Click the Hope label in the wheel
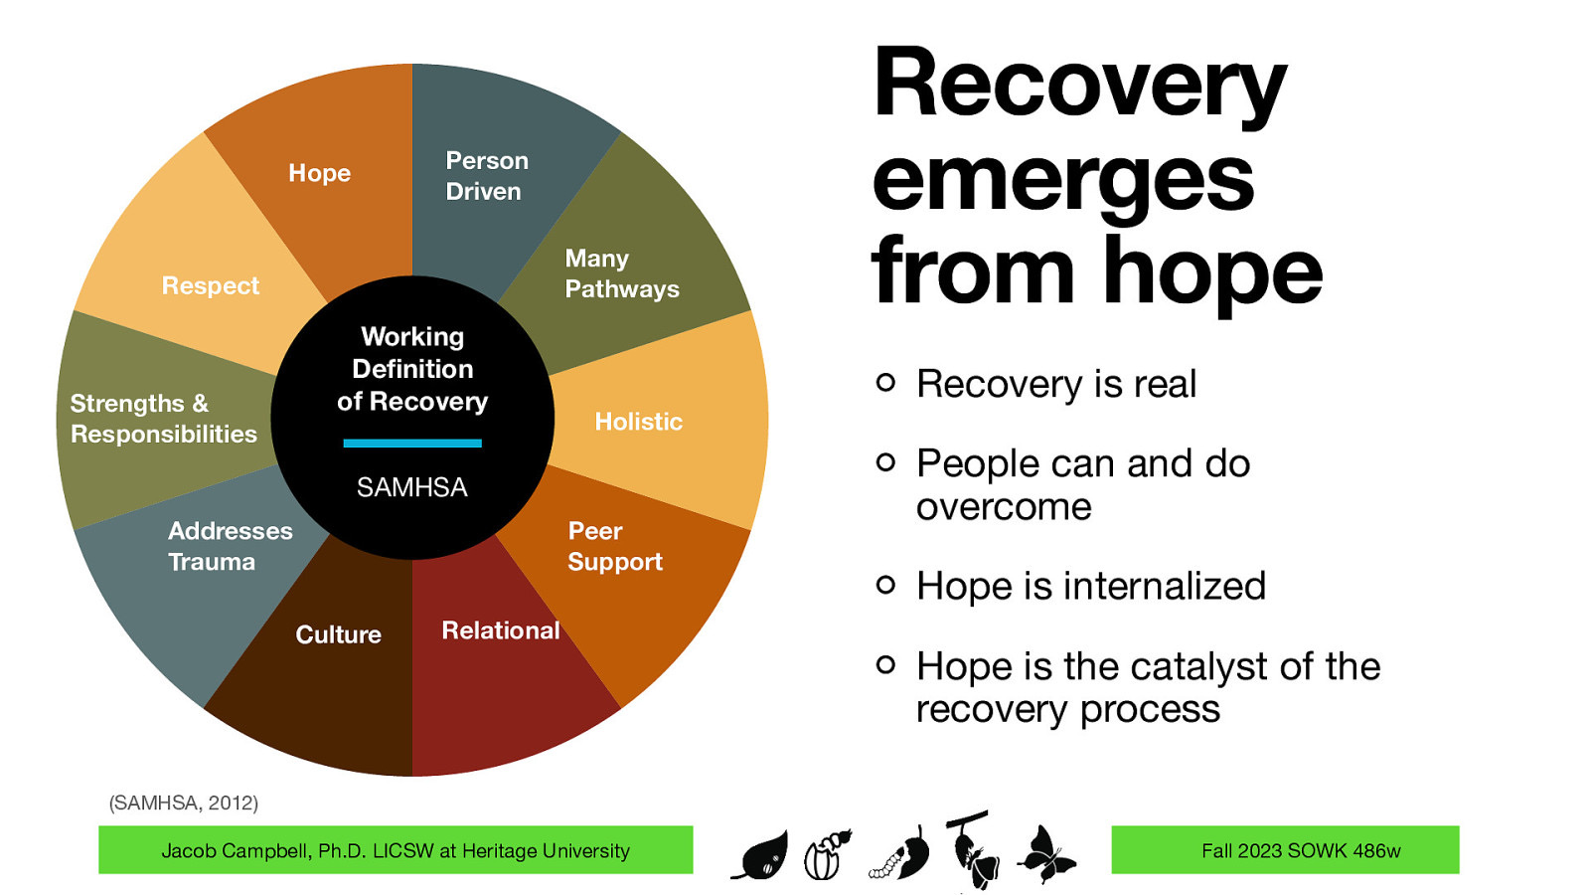pos(319,173)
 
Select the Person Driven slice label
pos(486,176)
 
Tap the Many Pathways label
pos(621,273)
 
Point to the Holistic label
pos(638,422)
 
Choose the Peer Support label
pos(614,546)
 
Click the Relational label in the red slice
pos(500,630)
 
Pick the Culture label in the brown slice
pos(338,634)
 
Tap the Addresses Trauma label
pos(230,546)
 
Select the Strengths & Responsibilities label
pos(163,419)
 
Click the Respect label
pos(210,286)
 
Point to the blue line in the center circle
pos(411,444)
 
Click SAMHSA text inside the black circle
pos(411,487)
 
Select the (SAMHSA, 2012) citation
pos(183,803)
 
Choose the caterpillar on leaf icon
pos(901,856)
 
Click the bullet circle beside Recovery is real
pos(885,383)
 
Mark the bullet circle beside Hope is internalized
pos(885,585)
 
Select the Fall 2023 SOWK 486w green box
pos(1284,850)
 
